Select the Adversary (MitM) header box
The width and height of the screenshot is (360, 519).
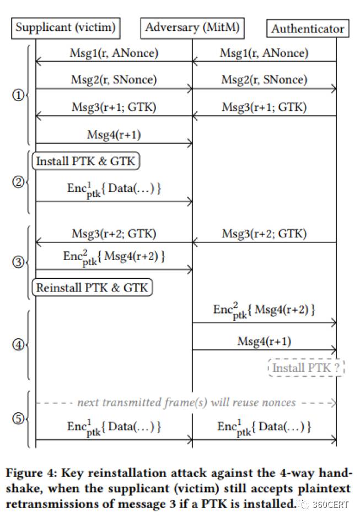(x=193, y=27)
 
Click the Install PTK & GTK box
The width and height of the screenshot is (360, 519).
(x=85, y=161)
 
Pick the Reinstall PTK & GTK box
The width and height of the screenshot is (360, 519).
(x=92, y=287)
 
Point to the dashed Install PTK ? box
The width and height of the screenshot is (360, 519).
(x=306, y=367)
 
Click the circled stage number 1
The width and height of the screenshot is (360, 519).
(x=18, y=95)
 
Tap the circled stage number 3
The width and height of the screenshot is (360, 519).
(x=18, y=262)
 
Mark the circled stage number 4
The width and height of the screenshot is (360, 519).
(x=18, y=345)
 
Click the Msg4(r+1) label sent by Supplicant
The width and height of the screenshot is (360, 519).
(x=114, y=134)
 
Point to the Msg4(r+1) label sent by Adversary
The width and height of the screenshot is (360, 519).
(x=264, y=341)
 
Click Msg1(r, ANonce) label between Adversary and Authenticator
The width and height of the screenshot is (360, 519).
(x=264, y=53)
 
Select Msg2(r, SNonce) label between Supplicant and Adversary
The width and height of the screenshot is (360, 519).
(x=114, y=80)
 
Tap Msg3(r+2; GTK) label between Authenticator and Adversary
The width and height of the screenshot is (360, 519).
(x=264, y=233)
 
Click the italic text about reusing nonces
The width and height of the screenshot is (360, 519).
(x=186, y=403)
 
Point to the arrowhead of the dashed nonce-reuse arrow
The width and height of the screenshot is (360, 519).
(x=334, y=403)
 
